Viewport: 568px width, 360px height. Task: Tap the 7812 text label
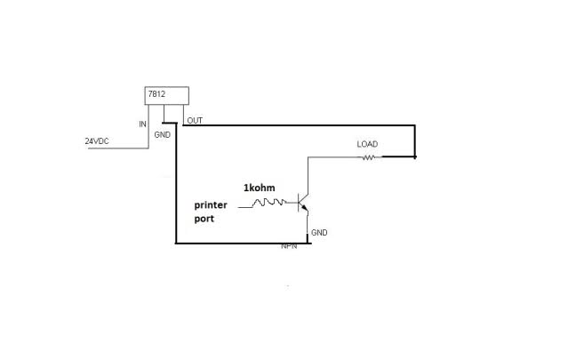click(156, 94)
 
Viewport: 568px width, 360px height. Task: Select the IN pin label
click(143, 124)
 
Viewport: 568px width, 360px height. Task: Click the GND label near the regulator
click(163, 135)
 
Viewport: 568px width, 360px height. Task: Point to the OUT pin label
click(195, 121)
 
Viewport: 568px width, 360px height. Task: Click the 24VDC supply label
click(97, 141)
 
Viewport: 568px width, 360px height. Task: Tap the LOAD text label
click(367, 144)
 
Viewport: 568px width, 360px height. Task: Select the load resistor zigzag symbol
click(368, 157)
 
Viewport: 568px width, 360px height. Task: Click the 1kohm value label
click(259, 188)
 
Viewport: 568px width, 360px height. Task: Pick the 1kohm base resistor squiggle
click(269, 202)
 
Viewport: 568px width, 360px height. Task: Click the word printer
click(211, 205)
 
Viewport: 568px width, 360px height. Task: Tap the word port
click(204, 220)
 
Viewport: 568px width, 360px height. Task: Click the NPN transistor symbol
click(303, 203)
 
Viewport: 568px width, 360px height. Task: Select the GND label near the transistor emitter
click(319, 233)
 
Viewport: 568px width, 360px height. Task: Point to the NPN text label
click(289, 246)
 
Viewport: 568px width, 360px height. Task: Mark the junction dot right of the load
click(415, 156)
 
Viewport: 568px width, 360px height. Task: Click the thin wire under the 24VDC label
click(118, 148)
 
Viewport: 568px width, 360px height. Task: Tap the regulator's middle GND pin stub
click(164, 114)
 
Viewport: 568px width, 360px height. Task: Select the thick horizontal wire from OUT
click(299, 125)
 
